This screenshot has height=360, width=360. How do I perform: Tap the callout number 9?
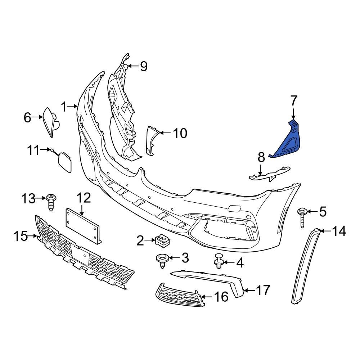(144, 66)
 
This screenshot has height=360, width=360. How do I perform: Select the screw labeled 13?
(51, 202)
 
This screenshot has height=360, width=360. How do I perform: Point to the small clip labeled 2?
(162, 240)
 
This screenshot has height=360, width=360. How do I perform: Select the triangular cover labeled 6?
(51, 122)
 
